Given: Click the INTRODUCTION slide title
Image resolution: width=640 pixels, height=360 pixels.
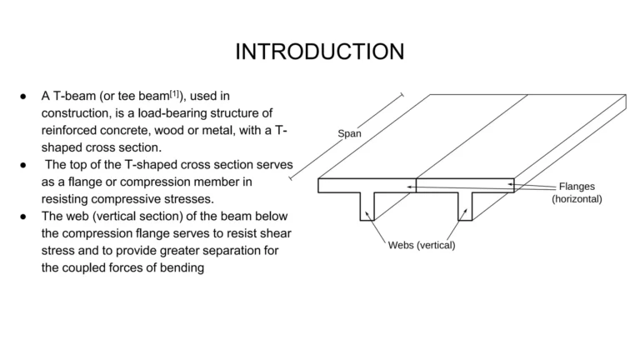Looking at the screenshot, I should (319, 52).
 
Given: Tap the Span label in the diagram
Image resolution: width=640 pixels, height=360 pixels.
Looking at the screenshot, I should (349, 133).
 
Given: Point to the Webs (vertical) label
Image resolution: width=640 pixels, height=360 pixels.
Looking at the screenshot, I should (422, 245).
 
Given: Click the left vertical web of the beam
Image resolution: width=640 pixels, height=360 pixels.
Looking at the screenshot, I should (367, 206).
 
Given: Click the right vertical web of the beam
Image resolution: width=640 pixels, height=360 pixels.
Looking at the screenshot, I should (465, 206).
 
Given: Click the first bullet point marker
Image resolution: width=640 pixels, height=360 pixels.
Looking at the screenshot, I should (24, 97).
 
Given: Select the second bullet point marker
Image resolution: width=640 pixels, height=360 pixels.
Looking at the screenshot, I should (24, 164).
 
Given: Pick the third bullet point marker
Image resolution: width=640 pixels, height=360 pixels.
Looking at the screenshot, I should (24, 216).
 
